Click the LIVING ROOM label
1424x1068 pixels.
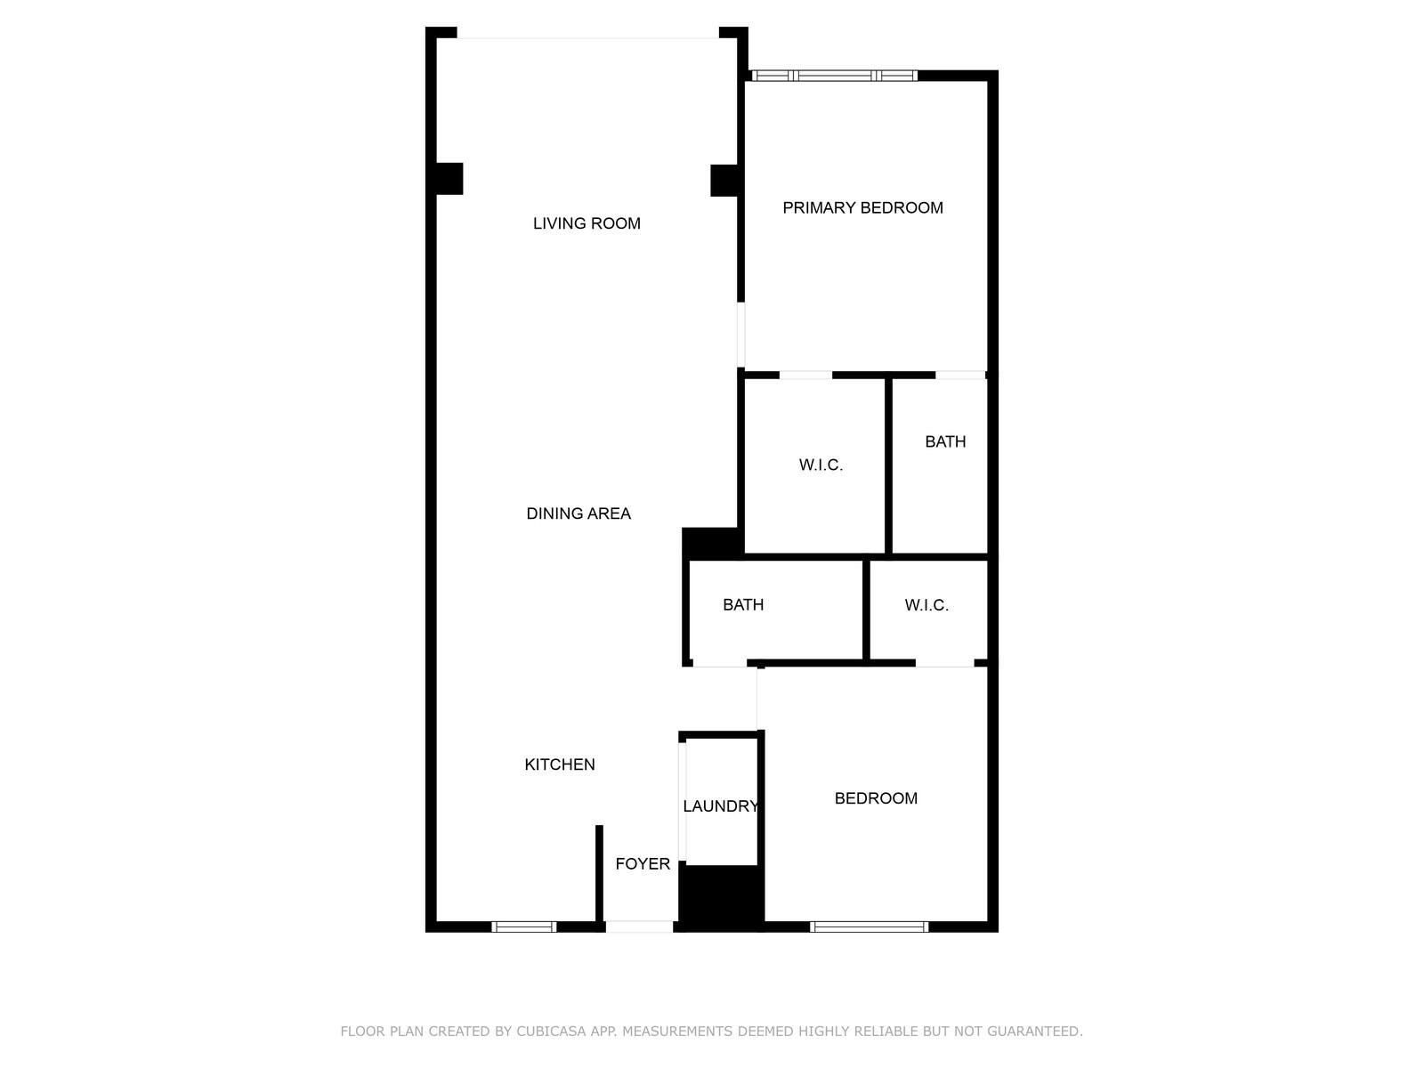click(587, 223)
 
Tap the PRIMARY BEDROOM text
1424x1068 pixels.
click(862, 208)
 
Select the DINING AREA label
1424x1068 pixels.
click(578, 514)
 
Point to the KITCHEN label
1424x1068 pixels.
click(559, 765)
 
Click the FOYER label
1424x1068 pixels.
click(643, 863)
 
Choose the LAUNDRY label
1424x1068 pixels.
click(720, 806)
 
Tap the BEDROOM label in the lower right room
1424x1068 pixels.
click(876, 798)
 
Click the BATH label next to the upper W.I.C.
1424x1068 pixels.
click(945, 441)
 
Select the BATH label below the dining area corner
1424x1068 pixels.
click(743, 604)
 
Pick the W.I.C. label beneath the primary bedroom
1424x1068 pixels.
click(821, 465)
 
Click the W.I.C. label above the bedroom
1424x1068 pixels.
click(926, 605)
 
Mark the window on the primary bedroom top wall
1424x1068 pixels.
click(834, 76)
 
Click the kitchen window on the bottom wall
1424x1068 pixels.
click(523, 926)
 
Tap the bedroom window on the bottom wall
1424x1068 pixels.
click(869, 926)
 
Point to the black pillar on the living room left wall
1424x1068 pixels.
click(449, 179)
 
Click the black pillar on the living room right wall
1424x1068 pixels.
click(724, 181)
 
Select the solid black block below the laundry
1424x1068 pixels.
click(722, 897)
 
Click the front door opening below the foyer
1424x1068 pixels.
click(639, 926)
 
